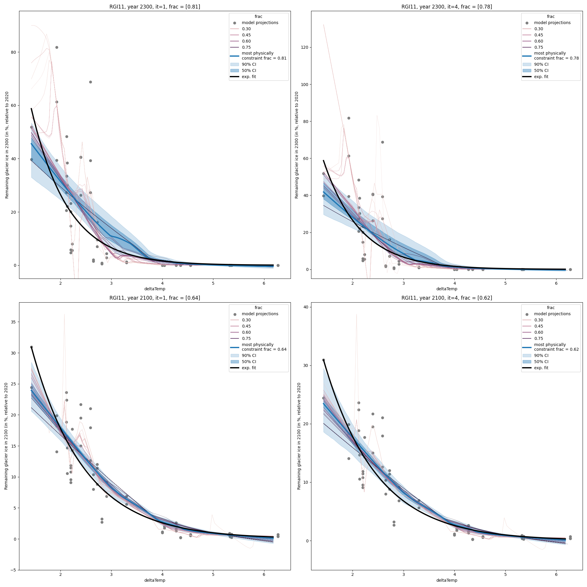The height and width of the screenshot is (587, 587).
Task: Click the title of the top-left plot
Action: tap(155, 7)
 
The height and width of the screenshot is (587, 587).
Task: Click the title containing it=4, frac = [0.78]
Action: tap(447, 7)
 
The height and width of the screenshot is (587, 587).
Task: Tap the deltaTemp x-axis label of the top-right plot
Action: tap(447, 289)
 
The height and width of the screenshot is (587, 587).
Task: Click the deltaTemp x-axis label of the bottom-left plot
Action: tap(155, 580)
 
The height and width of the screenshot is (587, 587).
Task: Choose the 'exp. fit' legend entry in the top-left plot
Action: tap(249, 77)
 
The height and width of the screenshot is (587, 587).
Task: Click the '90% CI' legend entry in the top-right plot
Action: tap(541, 64)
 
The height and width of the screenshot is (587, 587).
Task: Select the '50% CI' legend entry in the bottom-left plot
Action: tap(249, 362)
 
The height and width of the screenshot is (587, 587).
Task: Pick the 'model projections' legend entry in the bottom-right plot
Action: tap(552, 314)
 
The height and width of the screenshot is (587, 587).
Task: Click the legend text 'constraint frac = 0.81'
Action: tap(264, 58)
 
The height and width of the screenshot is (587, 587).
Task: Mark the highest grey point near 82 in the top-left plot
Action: tap(57, 47)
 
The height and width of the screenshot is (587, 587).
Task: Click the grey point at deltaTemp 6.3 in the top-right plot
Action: tap(570, 269)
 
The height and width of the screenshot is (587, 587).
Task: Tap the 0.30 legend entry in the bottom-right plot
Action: tap(538, 320)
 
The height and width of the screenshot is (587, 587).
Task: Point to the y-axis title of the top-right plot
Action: tap(297, 145)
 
